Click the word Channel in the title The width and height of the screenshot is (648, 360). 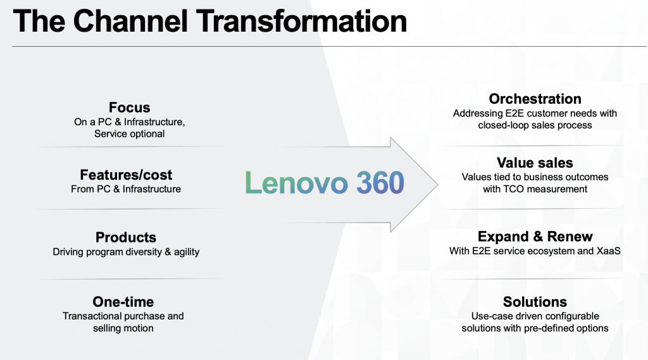[130, 21]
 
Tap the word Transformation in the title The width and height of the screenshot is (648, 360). [301, 21]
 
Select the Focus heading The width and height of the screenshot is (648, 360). [129, 108]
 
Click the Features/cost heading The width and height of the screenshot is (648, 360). [126, 175]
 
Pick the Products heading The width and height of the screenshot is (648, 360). [126, 237]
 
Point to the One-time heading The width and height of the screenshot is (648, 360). [123, 302]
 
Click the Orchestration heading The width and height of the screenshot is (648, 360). [535, 99]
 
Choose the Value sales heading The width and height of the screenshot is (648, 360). [535, 163]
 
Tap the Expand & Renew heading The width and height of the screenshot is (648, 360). [535, 237]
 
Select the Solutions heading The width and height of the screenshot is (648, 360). [535, 302]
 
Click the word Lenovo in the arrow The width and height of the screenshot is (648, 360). [296, 183]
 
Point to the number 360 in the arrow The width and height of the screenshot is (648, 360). [380, 183]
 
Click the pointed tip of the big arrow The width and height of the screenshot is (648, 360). [438, 184]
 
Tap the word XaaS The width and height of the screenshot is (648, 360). [608, 251]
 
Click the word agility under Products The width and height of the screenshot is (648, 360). [187, 252]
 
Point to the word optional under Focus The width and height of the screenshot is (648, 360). [146, 134]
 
